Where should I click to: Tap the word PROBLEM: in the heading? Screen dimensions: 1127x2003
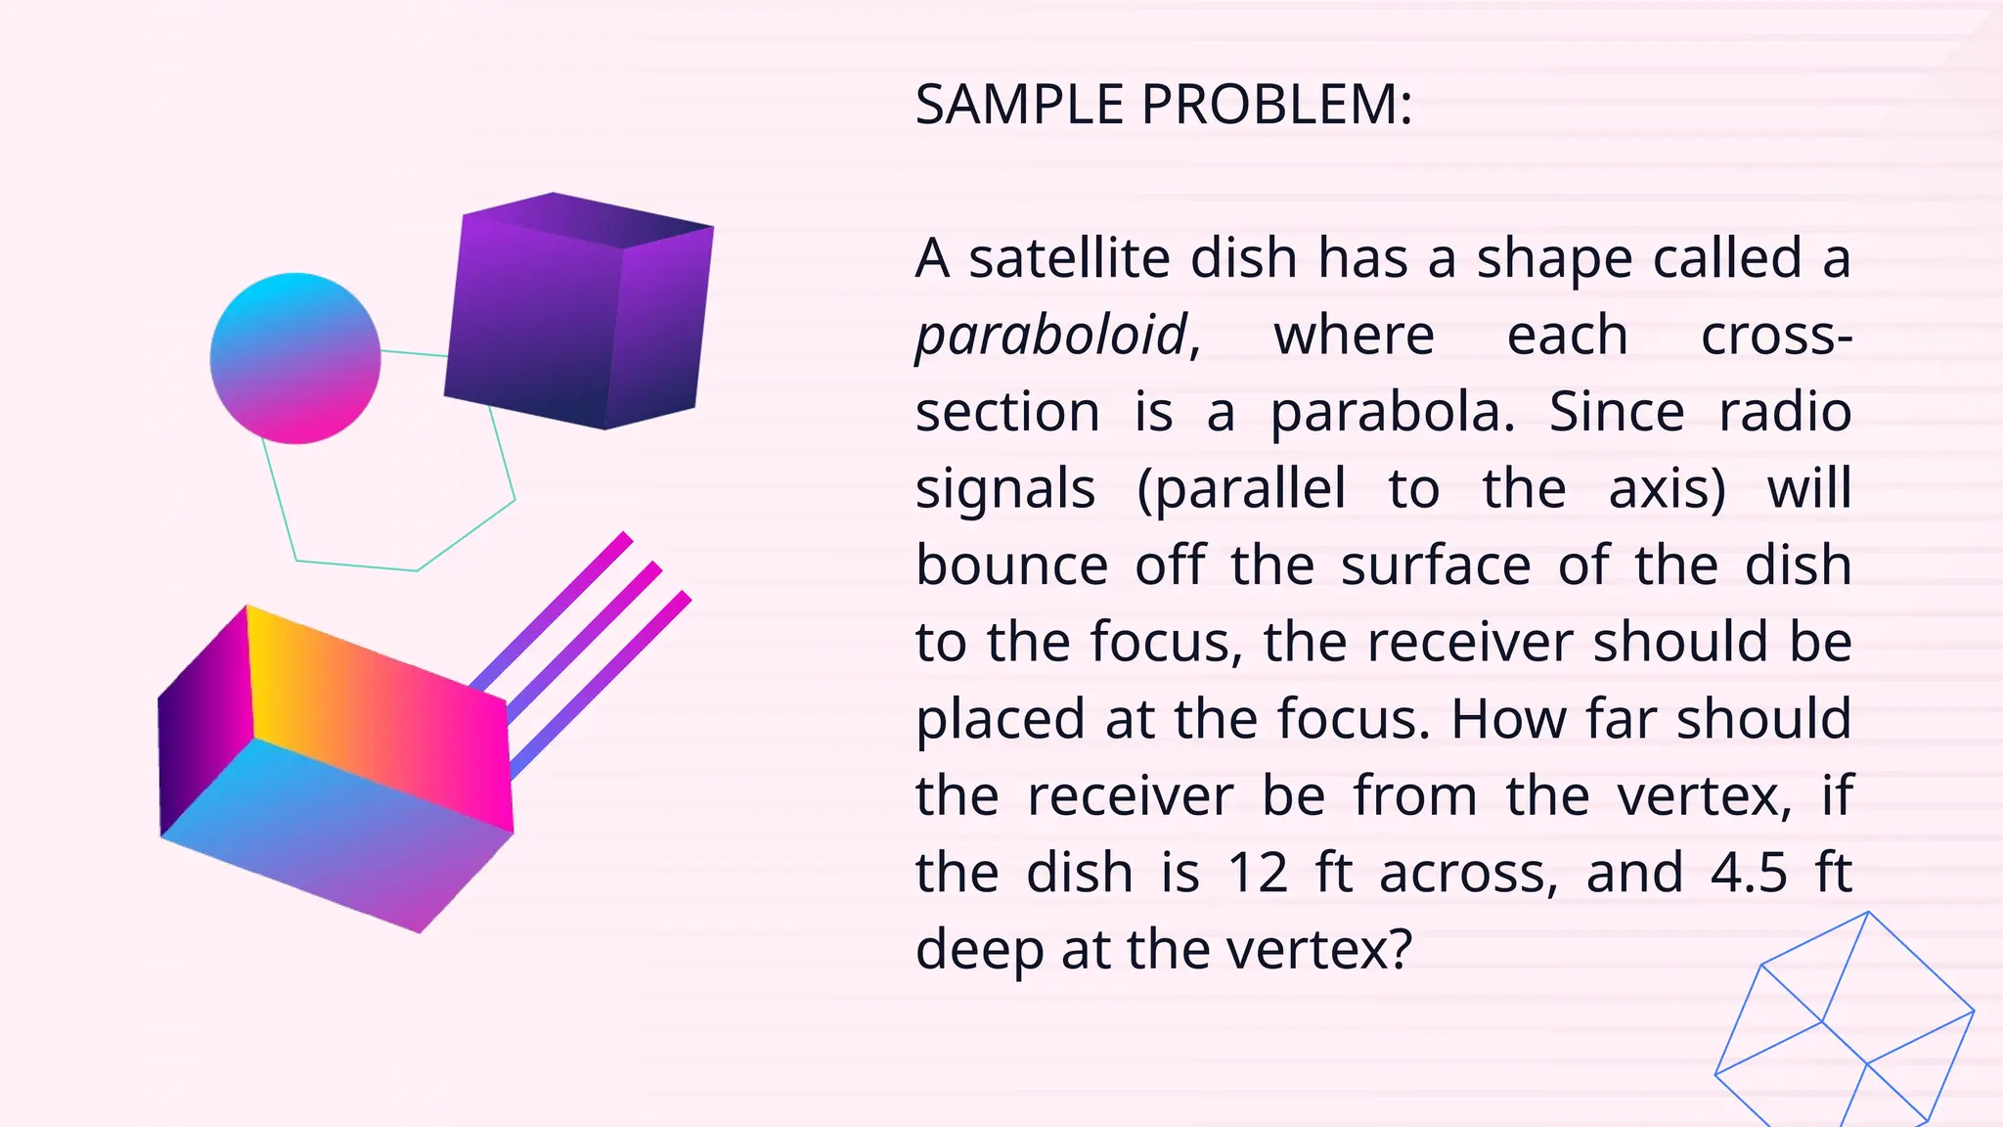click(1277, 105)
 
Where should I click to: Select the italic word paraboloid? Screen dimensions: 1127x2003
click(1051, 336)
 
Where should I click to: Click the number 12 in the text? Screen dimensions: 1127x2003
click(1258, 872)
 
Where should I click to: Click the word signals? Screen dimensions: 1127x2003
click(1004, 489)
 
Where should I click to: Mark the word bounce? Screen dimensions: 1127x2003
click(1011, 564)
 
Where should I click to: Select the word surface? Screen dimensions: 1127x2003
click(1435, 564)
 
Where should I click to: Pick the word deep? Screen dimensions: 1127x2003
click(980, 950)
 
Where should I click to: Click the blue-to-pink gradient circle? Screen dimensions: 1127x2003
click(295, 358)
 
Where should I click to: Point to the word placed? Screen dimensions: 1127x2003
click(1001, 720)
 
